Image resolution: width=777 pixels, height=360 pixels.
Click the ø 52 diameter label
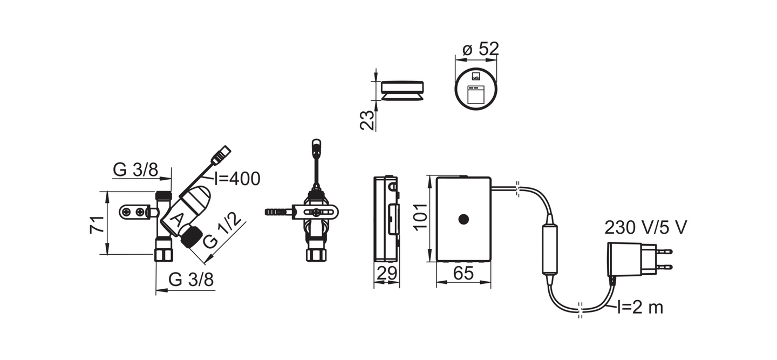pyautogui.click(x=480, y=49)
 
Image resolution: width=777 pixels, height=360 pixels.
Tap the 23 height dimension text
pyautogui.click(x=367, y=120)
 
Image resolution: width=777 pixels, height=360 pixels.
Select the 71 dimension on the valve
pyautogui.click(x=96, y=224)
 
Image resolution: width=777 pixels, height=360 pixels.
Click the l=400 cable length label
pyautogui.click(x=237, y=179)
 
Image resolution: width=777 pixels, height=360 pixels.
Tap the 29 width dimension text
pyautogui.click(x=386, y=274)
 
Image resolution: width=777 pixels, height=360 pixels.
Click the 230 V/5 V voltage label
pyautogui.click(x=646, y=227)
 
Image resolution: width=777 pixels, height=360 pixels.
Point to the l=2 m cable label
pyautogui.click(x=640, y=308)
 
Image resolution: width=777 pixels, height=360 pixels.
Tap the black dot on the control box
pyautogui.click(x=463, y=219)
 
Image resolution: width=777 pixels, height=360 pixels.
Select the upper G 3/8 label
pyautogui.click(x=135, y=170)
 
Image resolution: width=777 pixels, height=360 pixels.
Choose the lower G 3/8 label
pyautogui.click(x=190, y=280)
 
